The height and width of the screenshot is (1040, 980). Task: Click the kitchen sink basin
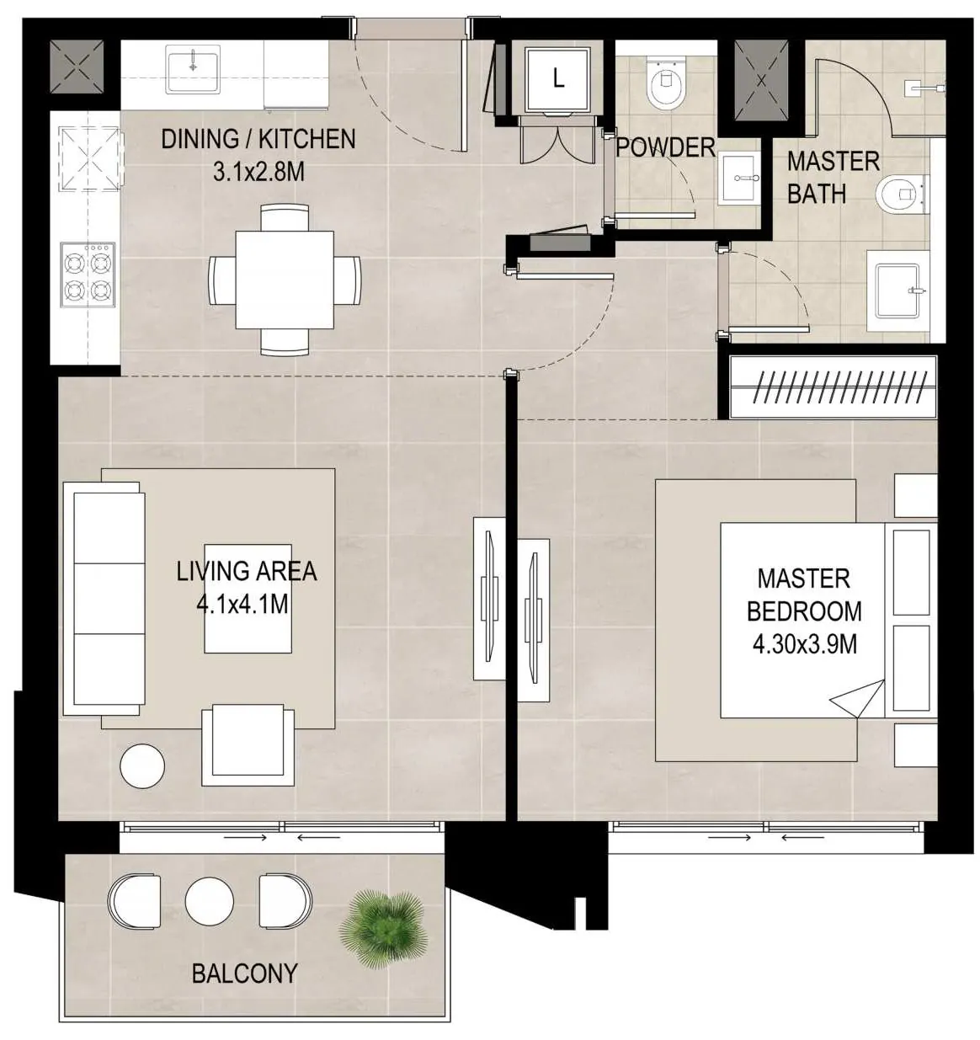[x=192, y=68]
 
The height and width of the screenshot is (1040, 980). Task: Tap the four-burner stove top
[x=88, y=275]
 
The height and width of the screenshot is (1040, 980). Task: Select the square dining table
[x=285, y=280]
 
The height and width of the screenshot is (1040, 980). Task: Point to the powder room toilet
[x=665, y=85]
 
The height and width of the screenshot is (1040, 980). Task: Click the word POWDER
[x=665, y=147]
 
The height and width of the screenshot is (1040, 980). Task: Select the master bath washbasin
[x=898, y=291]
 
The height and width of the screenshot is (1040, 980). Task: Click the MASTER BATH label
[x=833, y=178]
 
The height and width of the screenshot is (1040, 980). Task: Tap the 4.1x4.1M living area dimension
[x=242, y=605]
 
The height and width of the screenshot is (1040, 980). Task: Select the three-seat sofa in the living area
[x=104, y=599]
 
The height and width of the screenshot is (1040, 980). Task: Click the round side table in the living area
[x=142, y=765]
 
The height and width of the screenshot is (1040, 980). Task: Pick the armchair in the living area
[x=248, y=744]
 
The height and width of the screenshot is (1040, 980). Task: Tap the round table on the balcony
[x=209, y=901]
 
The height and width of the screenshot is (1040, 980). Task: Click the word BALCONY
[x=245, y=973]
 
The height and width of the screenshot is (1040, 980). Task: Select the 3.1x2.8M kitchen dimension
[x=258, y=171]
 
